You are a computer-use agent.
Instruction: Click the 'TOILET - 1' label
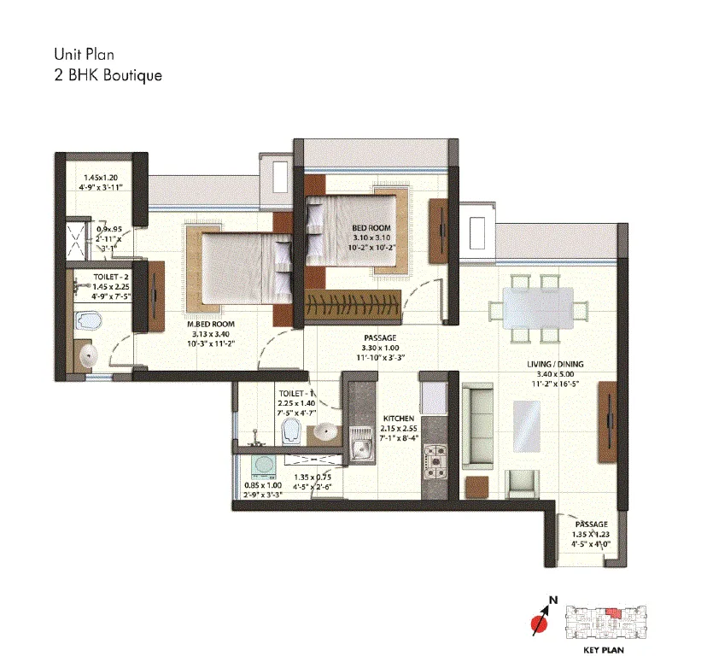pos(297,395)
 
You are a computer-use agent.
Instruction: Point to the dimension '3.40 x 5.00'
pos(555,374)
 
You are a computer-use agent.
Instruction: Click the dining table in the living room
pos(536,308)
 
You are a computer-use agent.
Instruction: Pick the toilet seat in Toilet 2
pos(87,321)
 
